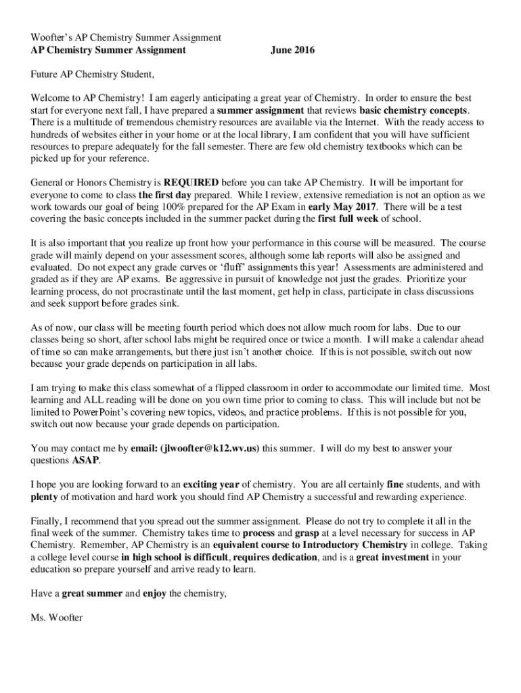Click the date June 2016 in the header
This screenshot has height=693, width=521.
tap(292, 49)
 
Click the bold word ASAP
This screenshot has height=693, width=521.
tap(85, 460)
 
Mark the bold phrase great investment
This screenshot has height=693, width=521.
tap(392, 557)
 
